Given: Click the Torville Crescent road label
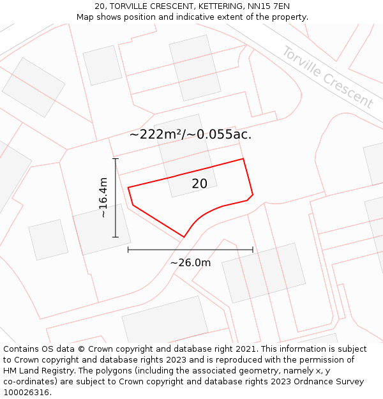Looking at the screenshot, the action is (327, 77).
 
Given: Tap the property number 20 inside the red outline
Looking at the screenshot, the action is (199, 184).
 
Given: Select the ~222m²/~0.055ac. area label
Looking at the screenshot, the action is (190, 135).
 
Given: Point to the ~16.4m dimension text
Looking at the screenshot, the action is (103, 198).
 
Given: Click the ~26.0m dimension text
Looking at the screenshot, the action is (190, 262).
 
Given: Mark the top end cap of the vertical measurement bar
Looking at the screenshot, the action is (116, 158).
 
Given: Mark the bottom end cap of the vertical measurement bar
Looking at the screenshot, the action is (116, 237).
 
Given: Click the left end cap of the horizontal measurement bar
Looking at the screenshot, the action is (128, 249).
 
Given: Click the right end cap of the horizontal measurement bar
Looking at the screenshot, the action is (253, 249).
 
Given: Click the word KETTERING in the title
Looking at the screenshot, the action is (212, 6).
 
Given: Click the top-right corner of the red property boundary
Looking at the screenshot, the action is (243, 159).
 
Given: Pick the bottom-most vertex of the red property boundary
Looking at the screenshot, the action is (184, 237).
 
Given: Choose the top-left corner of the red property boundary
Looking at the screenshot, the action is (128, 188).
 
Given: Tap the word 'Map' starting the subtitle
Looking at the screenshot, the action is (86, 17).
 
